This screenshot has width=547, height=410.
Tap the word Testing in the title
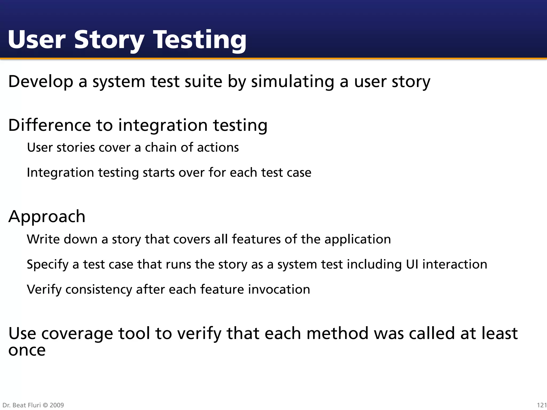(x=200, y=40)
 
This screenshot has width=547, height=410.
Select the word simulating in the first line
(x=292, y=82)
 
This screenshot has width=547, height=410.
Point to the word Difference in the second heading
(x=50, y=125)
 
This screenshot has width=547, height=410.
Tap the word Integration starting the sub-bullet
(x=60, y=173)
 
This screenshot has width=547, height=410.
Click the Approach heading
(x=47, y=216)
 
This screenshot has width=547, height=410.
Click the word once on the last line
(x=27, y=350)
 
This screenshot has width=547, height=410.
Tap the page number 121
(x=542, y=405)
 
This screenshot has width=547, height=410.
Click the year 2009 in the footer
(x=57, y=405)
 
